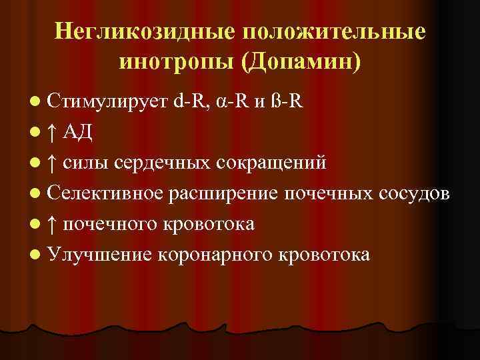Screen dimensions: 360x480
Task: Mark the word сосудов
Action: pos(419,193)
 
